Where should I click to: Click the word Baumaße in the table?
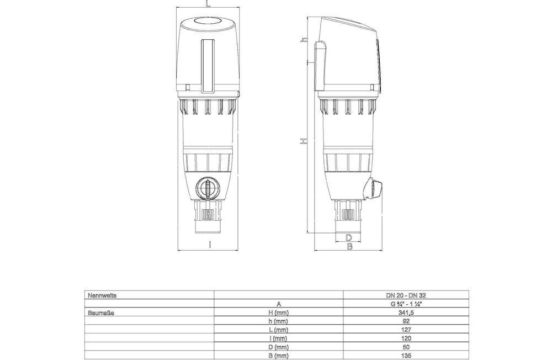click(x=101, y=313)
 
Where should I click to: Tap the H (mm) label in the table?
click(x=278, y=313)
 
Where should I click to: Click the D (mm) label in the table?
click(x=278, y=346)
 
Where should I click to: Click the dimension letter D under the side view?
click(x=349, y=237)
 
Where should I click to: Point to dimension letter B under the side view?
click(x=349, y=246)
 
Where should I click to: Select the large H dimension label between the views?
click(x=304, y=142)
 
